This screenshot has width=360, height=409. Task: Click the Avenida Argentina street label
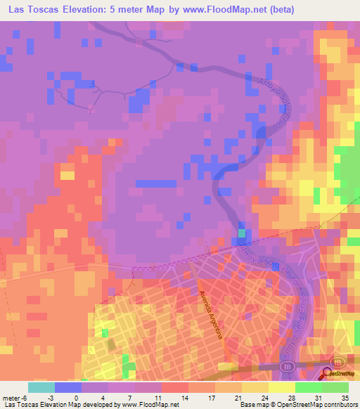coord(210,316)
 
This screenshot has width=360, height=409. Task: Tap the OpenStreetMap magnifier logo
coord(326,374)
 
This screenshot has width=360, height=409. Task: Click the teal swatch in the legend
coord(41,387)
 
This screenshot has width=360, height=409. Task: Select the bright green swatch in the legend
coord(308,387)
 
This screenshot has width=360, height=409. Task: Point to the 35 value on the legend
coord(346,398)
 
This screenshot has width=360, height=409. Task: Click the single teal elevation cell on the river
coord(243,233)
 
